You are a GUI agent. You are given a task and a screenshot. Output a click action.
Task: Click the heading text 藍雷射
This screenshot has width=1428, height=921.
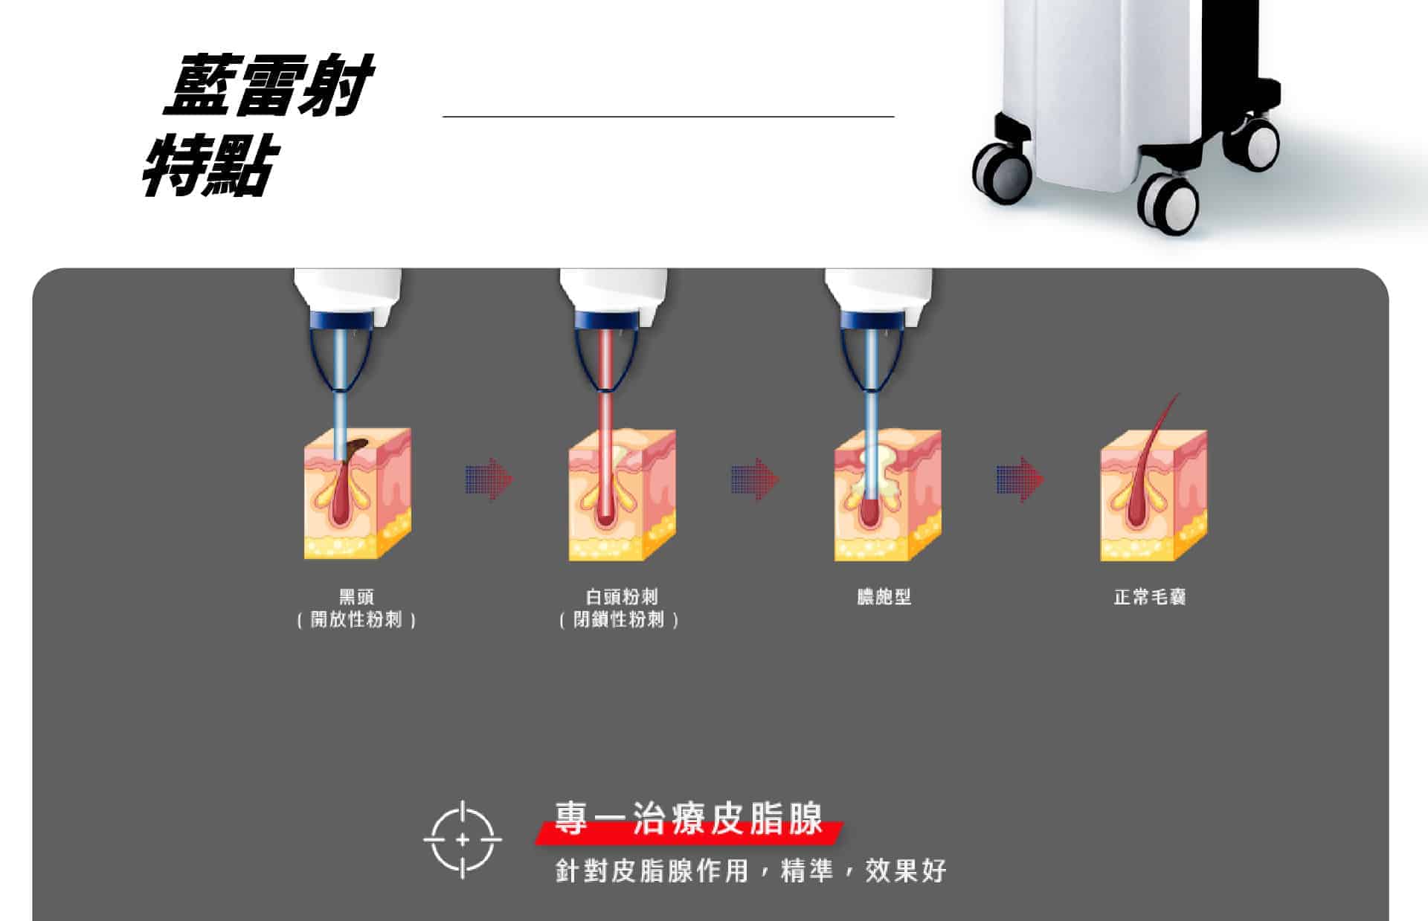pos(268,85)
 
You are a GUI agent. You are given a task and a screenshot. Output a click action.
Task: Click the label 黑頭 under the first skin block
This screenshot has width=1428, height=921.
pos(356,596)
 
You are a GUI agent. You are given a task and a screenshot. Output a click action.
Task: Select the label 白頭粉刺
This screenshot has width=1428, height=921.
pos(621,596)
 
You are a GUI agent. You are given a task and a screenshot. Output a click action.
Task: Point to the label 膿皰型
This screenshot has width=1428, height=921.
pos(884,596)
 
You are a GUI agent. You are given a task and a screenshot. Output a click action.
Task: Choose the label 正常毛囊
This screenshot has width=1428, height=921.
pos(1150,596)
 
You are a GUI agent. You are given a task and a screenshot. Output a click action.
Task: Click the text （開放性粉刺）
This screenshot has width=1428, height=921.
pos(356,619)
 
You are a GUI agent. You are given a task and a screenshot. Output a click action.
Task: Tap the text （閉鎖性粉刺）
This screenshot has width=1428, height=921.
pos(620,619)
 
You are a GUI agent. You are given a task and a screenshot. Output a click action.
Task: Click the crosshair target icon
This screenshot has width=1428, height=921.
pos(463,840)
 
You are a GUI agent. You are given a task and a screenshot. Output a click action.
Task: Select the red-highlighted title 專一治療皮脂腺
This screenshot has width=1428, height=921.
pos(689,820)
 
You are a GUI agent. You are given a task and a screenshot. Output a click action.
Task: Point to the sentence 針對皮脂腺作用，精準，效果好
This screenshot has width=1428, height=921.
pos(751,870)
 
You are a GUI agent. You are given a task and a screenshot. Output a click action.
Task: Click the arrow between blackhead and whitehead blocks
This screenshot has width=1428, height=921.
pos(489,479)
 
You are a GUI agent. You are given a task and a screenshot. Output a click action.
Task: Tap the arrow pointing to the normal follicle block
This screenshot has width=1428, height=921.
pos(1020,479)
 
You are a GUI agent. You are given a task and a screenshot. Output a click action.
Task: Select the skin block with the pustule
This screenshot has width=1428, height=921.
pos(887,495)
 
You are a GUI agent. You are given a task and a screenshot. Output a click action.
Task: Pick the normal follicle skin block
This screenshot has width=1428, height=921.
pos(1154,495)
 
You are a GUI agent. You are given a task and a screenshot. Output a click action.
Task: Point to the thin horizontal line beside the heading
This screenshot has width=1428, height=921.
pos(669,117)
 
